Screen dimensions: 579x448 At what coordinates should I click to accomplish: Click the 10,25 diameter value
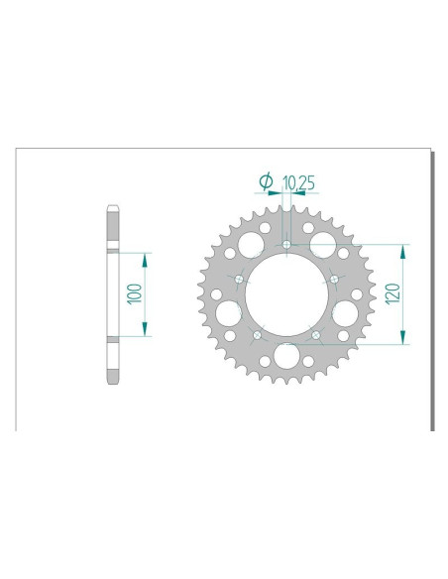point(299,182)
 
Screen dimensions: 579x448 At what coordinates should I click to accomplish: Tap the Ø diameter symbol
point(265,181)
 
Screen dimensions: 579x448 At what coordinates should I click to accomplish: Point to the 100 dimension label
point(135,293)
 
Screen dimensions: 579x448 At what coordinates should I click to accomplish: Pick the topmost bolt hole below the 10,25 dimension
point(286,245)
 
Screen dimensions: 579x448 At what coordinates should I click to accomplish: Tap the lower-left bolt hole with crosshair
point(258,335)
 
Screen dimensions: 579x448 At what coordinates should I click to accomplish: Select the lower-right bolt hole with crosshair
point(315,335)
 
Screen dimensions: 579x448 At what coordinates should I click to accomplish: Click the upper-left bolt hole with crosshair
point(240,280)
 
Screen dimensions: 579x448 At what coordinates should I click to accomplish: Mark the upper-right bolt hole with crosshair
point(334,280)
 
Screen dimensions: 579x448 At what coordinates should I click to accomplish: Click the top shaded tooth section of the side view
point(112,229)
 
